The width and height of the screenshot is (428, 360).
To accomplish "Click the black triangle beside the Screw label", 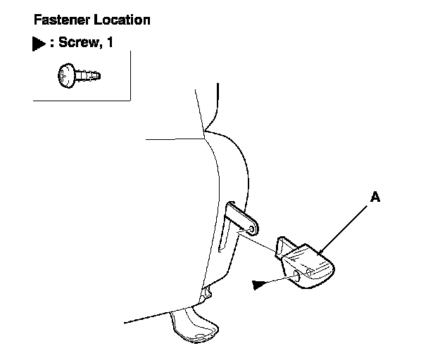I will [x=37, y=44].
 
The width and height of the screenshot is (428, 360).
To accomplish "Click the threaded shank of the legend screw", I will [x=90, y=73].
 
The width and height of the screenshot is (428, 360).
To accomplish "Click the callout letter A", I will [x=375, y=198].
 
